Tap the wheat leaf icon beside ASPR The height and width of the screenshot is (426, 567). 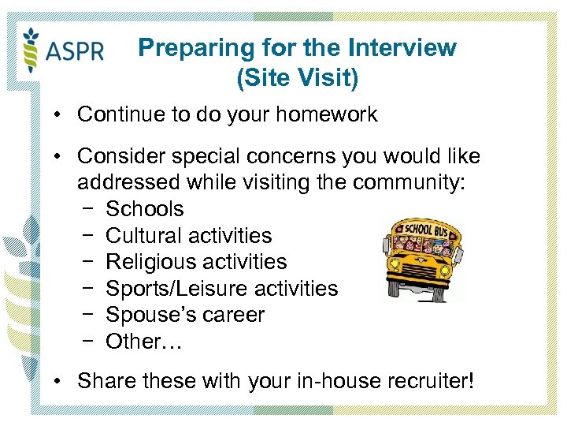point(32,48)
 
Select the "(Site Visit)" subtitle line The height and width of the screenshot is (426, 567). point(297,78)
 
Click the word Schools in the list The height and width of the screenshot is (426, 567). point(144,209)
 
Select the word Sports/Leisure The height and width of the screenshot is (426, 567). point(172,289)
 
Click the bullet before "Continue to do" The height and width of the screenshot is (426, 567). point(58,115)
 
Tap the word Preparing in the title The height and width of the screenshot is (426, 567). point(183,47)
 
